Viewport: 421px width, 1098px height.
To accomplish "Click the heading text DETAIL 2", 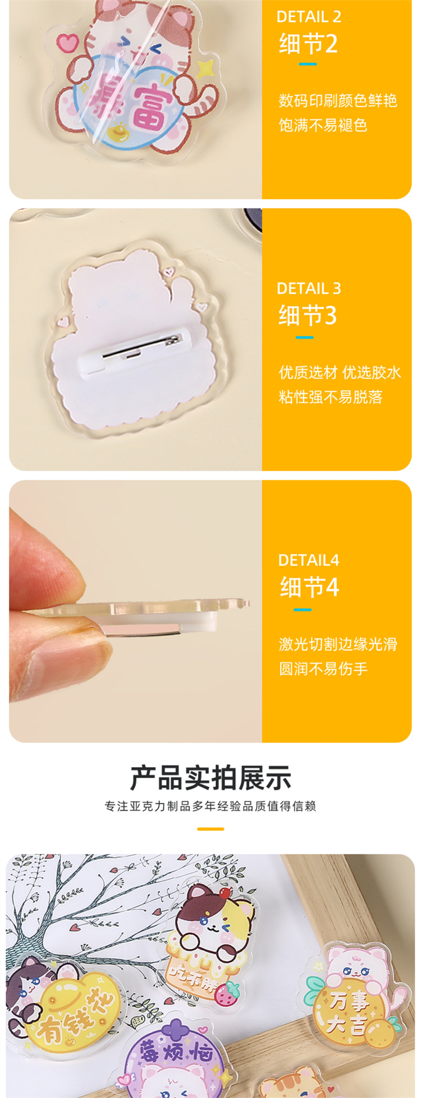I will pos(309,17).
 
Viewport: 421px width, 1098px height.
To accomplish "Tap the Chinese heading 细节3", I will pos(308,316).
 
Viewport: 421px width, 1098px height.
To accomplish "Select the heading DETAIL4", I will pos(309,560).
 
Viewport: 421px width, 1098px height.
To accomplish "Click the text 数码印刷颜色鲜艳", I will pos(338,101).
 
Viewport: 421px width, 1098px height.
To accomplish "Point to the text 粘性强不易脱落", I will pos(331,397).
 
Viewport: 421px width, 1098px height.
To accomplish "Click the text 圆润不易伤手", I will pos(323,669).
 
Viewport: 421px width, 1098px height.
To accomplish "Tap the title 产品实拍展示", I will pos(210,778).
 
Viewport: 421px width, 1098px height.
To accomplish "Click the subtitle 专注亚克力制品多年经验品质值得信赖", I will pos(210,807).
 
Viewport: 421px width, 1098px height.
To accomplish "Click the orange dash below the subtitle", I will pos(210,829).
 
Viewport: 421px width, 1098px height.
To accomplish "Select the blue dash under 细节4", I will pos(303,609).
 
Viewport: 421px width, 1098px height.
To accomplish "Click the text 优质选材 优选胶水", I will pos(340,372).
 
